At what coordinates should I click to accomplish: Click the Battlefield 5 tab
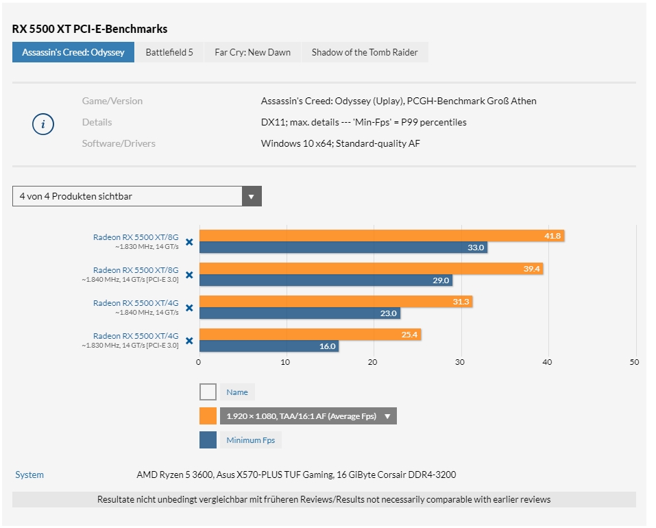pos(169,52)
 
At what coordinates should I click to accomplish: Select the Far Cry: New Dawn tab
pos(252,52)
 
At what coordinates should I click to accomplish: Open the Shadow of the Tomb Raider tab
pos(365,52)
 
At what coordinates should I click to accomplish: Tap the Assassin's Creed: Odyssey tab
pos(73,52)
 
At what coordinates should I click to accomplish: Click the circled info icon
pos(43,124)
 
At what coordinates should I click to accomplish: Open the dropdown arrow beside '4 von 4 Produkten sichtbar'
pos(252,196)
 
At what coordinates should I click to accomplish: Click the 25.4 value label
pos(411,335)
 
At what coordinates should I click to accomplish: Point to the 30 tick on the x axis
pos(460,362)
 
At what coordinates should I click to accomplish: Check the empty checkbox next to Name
pos(208,392)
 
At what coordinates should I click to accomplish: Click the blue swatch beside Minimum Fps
pos(208,440)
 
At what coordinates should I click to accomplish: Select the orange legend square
pos(208,416)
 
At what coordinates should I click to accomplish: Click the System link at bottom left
pos(29,475)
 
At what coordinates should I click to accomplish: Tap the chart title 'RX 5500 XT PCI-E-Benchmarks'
pos(90,29)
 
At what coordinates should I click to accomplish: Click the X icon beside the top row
pos(189,241)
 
